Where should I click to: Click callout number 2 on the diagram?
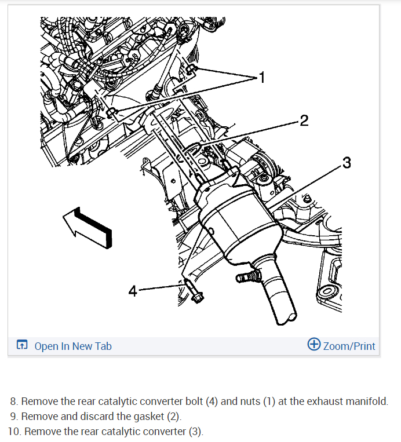click(x=304, y=120)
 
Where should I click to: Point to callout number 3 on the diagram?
click(x=347, y=163)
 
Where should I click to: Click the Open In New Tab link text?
click(x=73, y=346)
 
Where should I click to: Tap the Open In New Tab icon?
click(x=22, y=345)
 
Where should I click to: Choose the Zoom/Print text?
click(x=349, y=346)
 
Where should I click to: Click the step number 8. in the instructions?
click(x=14, y=401)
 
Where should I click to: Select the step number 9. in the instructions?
click(x=14, y=416)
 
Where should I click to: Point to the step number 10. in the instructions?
click(x=14, y=431)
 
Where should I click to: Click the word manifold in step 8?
click(x=367, y=401)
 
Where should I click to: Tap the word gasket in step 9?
click(x=159, y=416)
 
